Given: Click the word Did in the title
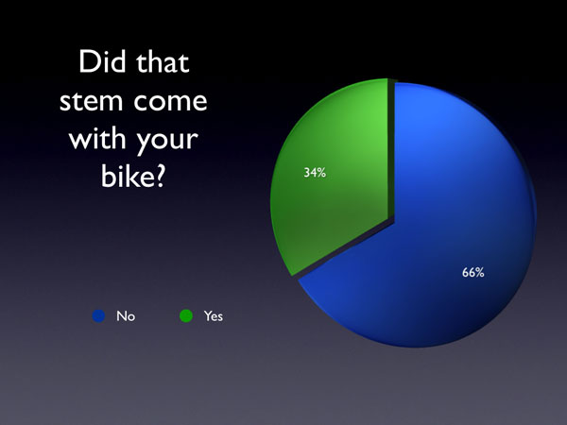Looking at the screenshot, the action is click(101, 61).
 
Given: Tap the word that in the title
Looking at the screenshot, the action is click(163, 61).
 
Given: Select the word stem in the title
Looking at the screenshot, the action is click(92, 101).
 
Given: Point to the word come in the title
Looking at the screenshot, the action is click(170, 102).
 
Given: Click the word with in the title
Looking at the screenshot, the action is click(97, 138).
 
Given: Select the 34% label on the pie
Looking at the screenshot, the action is click(315, 173).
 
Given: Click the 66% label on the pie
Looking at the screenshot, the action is click(473, 272).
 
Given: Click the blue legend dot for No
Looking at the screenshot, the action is click(98, 315).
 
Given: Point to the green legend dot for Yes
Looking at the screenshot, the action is click(186, 315).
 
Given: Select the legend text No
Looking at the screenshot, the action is click(126, 316).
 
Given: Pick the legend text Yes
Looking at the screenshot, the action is click(214, 316).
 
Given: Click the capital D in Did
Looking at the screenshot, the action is click(89, 61).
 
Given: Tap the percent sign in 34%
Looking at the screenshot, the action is click(321, 173).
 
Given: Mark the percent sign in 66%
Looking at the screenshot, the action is click(479, 273).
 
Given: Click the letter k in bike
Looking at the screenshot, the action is click(129, 176).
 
